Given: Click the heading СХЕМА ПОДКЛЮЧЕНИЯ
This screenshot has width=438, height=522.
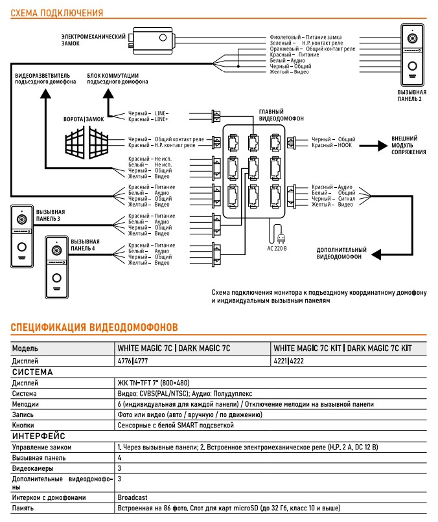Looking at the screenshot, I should pos(53,12).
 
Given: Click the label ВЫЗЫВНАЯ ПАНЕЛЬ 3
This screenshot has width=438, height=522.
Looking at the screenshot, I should pos(51,215).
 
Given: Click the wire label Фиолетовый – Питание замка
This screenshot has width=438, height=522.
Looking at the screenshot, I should pos(305,38).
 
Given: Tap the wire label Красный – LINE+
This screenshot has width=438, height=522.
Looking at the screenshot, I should pos(148,119).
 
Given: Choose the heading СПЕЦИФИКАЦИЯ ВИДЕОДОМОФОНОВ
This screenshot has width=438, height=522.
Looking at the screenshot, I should pos(95,328).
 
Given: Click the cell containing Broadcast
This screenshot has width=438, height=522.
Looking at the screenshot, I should pos(132,497).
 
